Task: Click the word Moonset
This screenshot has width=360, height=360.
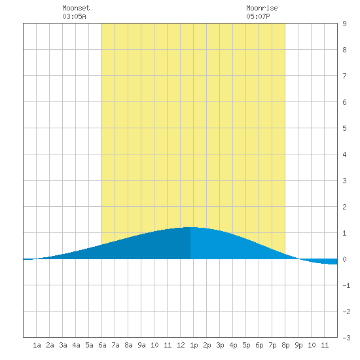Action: point(76,8)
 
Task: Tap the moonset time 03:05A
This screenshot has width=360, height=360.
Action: point(74,16)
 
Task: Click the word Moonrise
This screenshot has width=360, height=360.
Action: point(262,8)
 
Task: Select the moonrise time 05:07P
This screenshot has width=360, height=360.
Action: point(258,16)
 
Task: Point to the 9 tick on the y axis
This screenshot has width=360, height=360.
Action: point(344,24)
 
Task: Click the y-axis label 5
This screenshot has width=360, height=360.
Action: point(344,128)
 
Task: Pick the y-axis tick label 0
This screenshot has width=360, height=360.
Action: point(344,259)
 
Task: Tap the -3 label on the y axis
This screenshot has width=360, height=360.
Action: point(346,338)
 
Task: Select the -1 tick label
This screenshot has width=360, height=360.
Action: point(346,285)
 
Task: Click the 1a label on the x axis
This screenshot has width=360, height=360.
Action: point(37,345)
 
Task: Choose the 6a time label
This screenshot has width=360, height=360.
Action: point(102,345)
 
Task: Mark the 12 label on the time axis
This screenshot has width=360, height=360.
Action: point(181,345)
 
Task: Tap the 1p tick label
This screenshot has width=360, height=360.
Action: point(194,345)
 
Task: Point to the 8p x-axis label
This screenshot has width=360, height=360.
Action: point(285,345)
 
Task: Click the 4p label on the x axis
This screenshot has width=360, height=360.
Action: point(233,345)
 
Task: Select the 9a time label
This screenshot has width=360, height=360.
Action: point(141,345)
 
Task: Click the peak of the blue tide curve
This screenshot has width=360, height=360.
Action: point(190,227)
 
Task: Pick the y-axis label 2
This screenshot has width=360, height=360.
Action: point(344,207)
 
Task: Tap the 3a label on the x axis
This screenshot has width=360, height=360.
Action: point(63,345)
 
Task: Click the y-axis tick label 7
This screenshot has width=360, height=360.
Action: point(344,76)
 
